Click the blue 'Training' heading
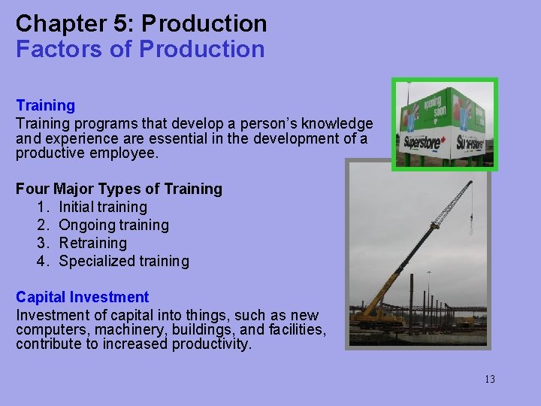(x=46, y=105)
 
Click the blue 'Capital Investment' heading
(x=83, y=297)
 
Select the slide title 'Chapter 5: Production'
(x=141, y=23)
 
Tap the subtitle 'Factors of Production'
(x=141, y=50)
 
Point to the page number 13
(x=489, y=379)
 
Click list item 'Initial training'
(x=103, y=207)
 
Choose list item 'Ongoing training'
(x=113, y=225)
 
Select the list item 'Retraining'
(x=93, y=243)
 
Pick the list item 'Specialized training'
(x=124, y=261)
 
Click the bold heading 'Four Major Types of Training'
(x=119, y=189)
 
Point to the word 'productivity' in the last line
(x=212, y=345)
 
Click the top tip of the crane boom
(x=470, y=182)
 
